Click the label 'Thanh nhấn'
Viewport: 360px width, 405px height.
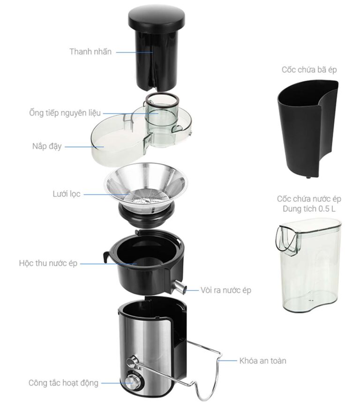pyautogui.click(x=90, y=52)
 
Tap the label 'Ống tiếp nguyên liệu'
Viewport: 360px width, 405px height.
pyautogui.click(x=65, y=113)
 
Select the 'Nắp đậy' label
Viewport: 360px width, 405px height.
pyautogui.click(x=47, y=146)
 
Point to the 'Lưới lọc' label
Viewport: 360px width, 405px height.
pyautogui.click(x=67, y=194)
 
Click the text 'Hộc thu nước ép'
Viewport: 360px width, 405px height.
pyautogui.click(x=48, y=263)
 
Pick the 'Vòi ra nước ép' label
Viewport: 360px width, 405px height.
pyautogui.click(x=226, y=290)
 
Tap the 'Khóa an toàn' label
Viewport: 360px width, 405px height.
pyautogui.click(x=262, y=360)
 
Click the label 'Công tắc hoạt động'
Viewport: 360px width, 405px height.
pyautogui.click(x=64, y=383)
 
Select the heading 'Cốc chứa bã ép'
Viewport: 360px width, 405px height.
pyautogui.click(x=309, y=70)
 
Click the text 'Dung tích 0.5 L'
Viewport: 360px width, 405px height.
pyautogui.click(x=309, y=209)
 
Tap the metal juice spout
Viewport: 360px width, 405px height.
pyautogui.click(x=180, y=287)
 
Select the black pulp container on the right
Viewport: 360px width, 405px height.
pyautogui.click(x=308, y=129)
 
